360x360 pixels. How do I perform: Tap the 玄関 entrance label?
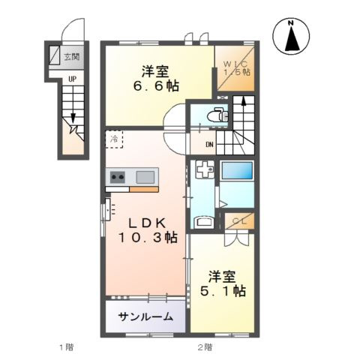[x=72, y=56]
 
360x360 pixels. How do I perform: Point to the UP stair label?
[x=71, y=78]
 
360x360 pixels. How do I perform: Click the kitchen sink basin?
[x=145, y=177]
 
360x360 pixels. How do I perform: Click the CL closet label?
[x=238, y=220]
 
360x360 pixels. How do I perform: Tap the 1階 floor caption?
[x=65, y=346]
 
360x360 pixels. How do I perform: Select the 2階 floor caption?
[x=204, y=346]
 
